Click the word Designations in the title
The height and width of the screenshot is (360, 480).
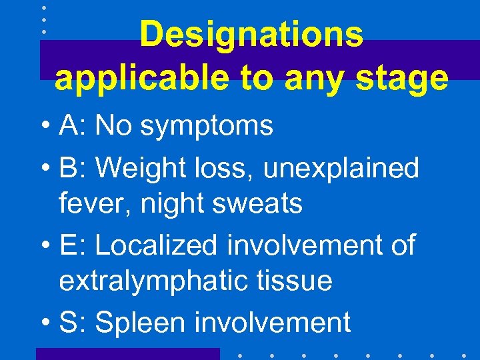(x=251, y=34)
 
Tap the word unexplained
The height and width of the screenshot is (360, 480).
(x=342, y=169)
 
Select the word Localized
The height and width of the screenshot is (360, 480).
(x=157, y=245)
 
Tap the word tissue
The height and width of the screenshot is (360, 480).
(x=298, y=280)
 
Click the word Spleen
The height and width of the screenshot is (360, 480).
(x=141, y=323)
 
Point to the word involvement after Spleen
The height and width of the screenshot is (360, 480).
(x=272, y=322)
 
